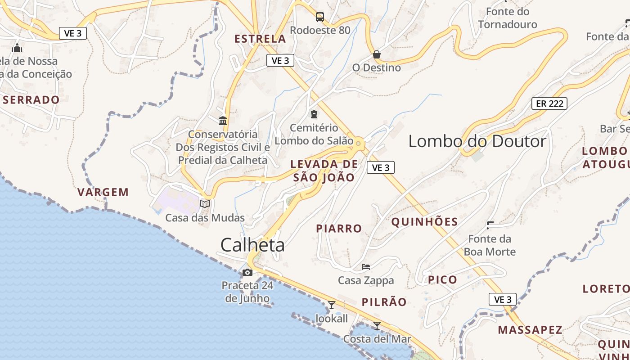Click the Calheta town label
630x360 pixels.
point(252,245)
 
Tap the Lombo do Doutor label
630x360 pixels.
point(477,141)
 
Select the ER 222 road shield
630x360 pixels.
point(549,103)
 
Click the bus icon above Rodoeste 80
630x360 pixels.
point(320,17)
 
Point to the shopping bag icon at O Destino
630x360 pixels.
point(377,54)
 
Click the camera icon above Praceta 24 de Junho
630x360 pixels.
point(247,272)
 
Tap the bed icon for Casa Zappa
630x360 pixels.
point(366,267)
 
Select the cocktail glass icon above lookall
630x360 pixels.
point(332,305)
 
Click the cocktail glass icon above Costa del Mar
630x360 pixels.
point(377,325)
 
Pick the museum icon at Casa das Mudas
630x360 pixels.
point(205,204)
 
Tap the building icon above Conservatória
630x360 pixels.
point(223,121)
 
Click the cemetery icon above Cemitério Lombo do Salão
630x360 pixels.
point(314,114)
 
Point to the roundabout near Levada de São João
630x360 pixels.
point(358,144)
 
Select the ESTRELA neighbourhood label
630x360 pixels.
point(260,39)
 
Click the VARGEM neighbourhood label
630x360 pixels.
point(103,193)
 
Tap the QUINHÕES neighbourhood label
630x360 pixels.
point(424,222)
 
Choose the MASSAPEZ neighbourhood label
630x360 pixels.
point(530,330)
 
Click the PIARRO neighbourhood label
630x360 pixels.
point(339,229)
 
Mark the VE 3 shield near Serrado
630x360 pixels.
point(72,33)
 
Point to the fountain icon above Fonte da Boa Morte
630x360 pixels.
point(490,224)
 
